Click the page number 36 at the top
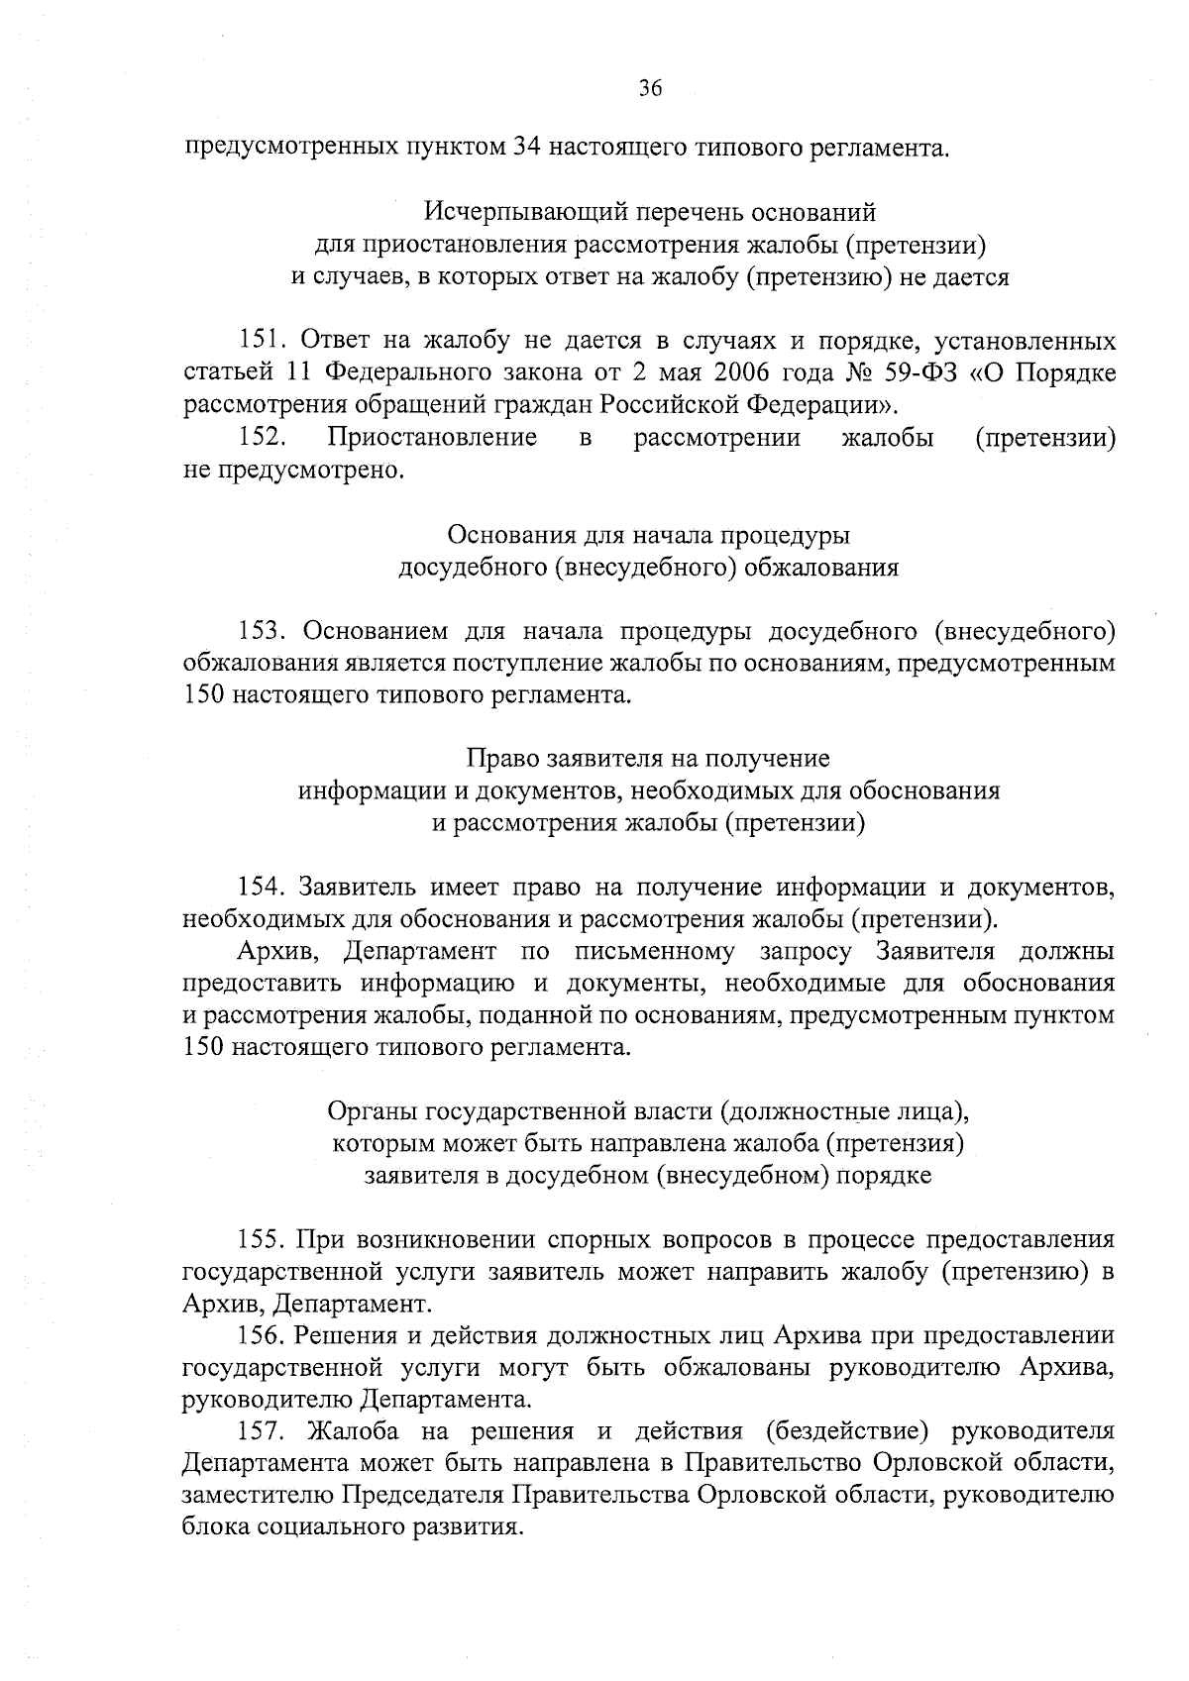[649, 89]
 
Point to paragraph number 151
[264, 342]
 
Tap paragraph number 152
[264, 437]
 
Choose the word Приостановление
[433, 437]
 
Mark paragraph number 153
[264, 631]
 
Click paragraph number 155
[264, 1240]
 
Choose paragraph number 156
[264, 1336]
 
